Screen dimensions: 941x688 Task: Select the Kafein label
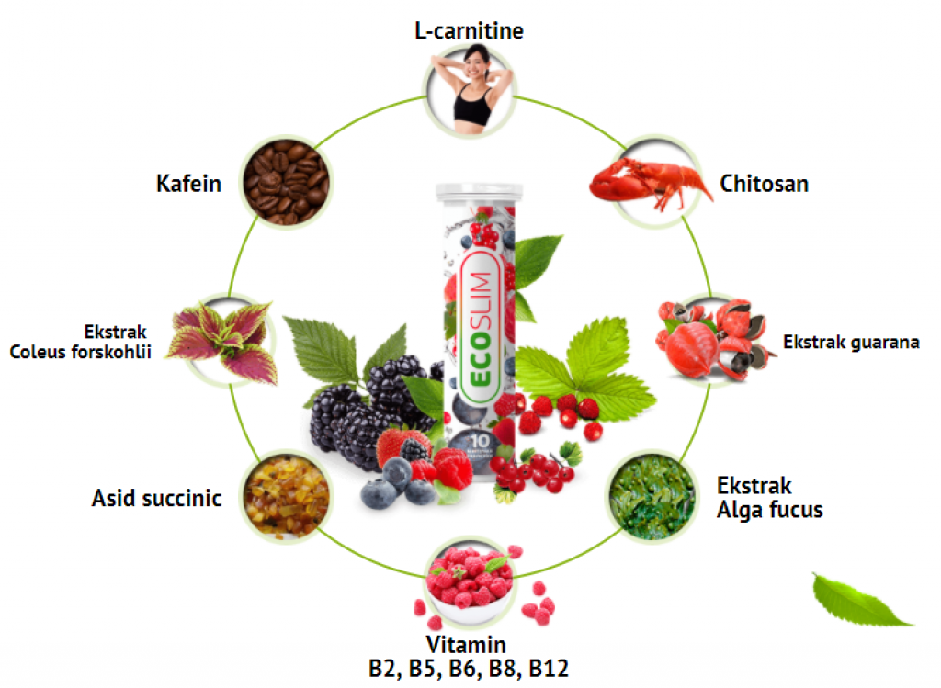coord(188,184)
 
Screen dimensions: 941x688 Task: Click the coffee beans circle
coord(285,182)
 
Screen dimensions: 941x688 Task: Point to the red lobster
coord(648,179)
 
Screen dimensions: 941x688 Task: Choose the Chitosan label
coord(764,184)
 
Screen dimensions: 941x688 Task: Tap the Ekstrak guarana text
coord(851,343)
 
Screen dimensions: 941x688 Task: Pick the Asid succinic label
coord(156,498)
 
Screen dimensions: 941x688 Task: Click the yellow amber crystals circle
coord(286,497)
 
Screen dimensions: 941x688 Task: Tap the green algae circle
coord(652,497)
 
